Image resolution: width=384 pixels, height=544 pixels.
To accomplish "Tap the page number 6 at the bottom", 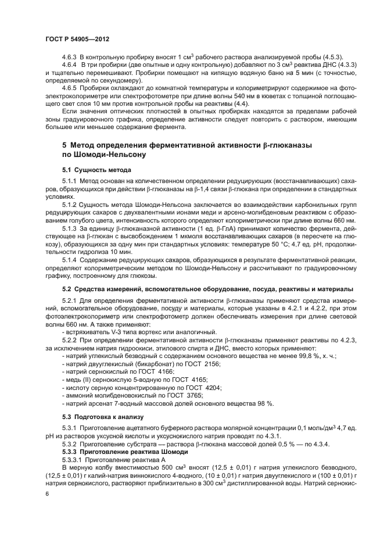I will pyautogui.click(x=47, y=493).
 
